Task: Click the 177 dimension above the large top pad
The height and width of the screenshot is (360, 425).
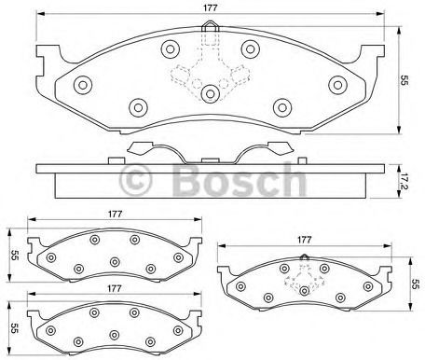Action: [210, 8]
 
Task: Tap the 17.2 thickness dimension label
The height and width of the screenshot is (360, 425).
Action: [404, 183]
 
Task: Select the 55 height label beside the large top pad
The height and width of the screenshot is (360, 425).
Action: [404, 80]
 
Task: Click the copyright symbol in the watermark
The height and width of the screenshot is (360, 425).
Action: [136, 180]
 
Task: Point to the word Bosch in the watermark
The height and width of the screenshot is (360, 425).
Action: [240, 179]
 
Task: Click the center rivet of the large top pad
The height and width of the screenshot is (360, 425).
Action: [211, 93]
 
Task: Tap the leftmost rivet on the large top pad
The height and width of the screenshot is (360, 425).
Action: [83, 85]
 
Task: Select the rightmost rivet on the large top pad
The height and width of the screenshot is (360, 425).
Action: [337, 85]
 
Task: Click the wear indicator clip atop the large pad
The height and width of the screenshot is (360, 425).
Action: [211, 26]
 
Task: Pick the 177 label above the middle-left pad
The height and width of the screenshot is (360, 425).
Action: [115, 215]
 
